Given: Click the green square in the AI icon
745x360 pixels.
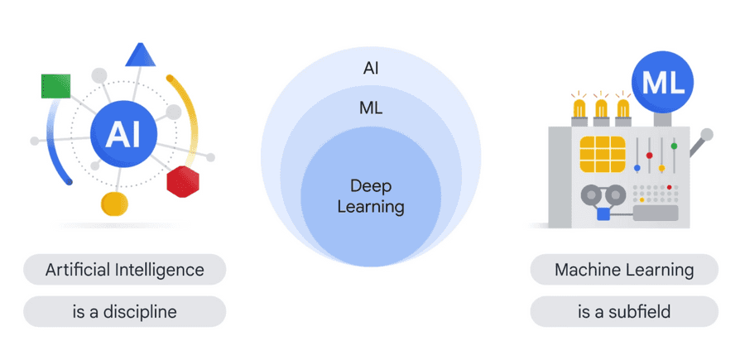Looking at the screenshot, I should click(55, 85).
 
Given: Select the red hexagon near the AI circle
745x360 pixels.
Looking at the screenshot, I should click(183, 180).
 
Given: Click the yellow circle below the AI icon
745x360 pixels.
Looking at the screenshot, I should click(114, 203).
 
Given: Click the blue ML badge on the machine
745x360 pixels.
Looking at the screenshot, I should click(662, 84).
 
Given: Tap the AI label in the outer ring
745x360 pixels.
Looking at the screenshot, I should click(371, 68).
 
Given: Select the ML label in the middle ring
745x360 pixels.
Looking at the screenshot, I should click(371, 108).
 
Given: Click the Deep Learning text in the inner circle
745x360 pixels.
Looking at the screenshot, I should click(371, 195).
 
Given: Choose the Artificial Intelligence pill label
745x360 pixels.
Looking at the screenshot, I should click(124, 270).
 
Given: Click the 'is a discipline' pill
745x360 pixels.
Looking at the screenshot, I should click(124, 312).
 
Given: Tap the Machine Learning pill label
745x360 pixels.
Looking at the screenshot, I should click(624, 270).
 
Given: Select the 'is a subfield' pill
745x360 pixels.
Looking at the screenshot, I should click(624, 312).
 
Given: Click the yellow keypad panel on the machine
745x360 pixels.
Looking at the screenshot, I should click(602, 156).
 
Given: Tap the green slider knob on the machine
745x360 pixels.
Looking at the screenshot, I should click(675, 146).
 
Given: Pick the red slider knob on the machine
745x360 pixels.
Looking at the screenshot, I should click(650, 155).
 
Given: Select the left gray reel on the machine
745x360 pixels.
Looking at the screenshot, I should click(591, 195).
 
